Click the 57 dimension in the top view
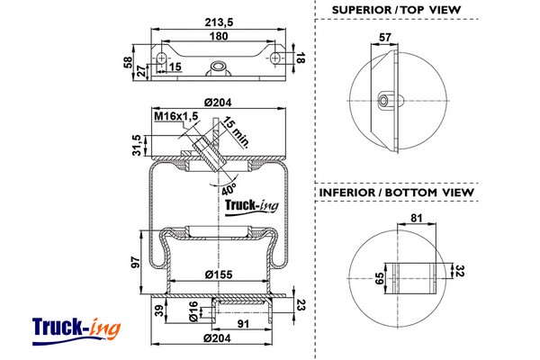pos(386,38)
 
